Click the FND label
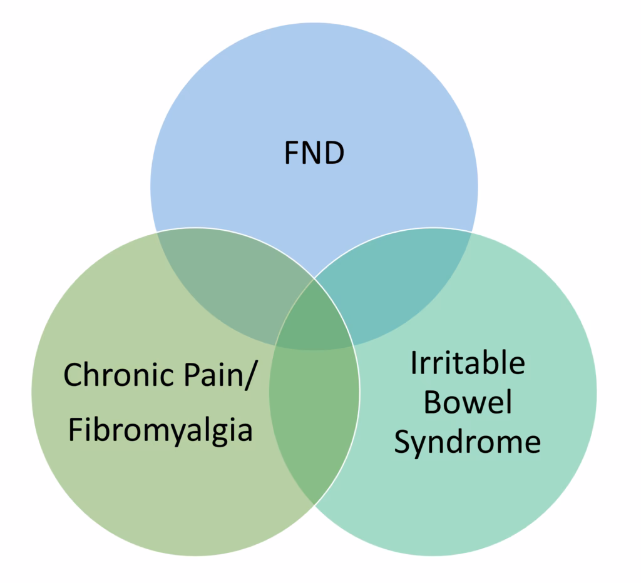pos(314,153)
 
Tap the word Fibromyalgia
pos(160,431)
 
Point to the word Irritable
pos(467,363)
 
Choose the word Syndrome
pos(467,443)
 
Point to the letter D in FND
pos(334,153)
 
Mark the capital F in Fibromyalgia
pos(74,430)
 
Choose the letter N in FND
pos(312,153)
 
